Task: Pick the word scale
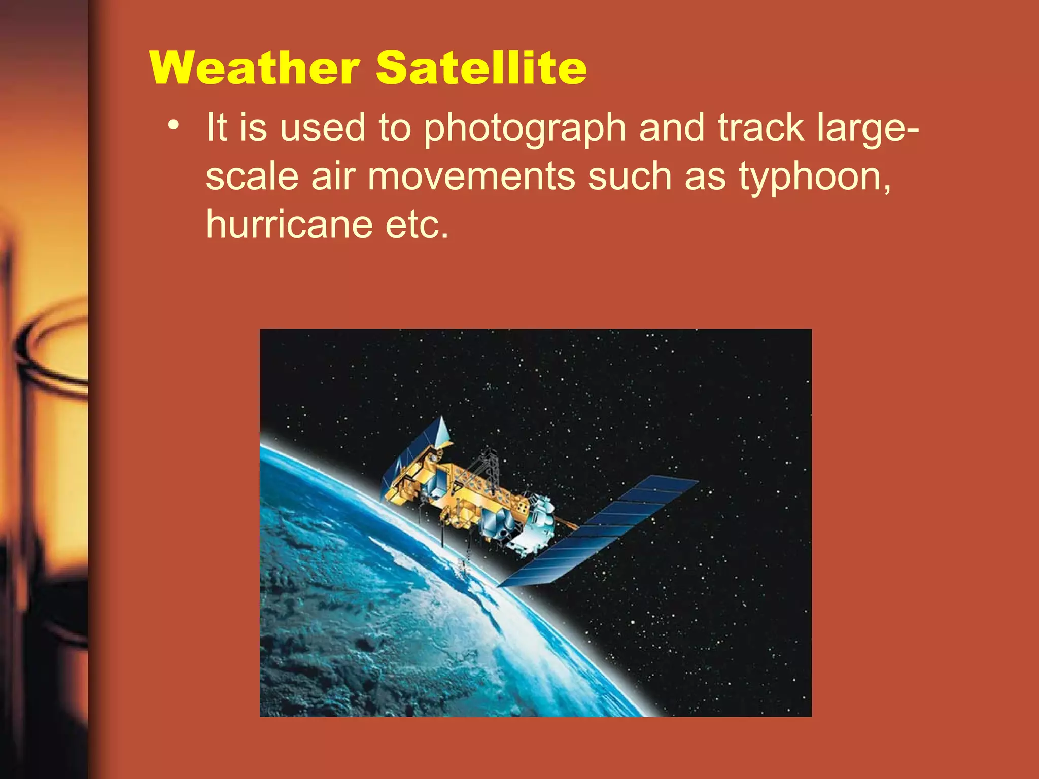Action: (252, 176)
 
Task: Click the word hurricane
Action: (289, 224)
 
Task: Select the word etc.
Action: (417, 224)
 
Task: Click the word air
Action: (333, 176)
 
